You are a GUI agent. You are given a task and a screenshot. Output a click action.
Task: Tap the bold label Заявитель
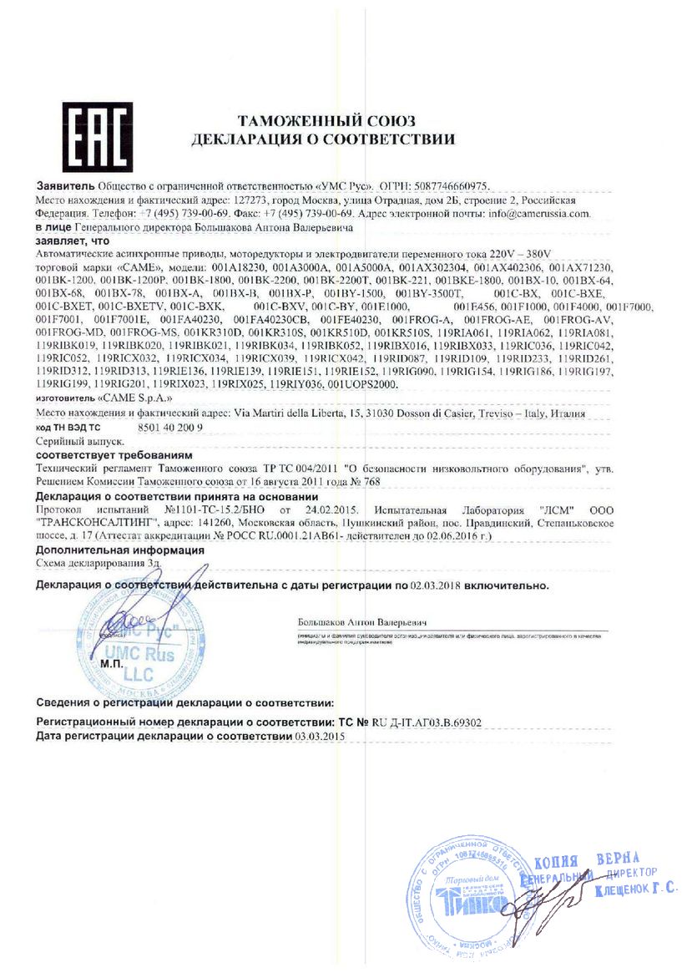(65, 185)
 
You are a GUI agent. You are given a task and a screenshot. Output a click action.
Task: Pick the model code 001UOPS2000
(364, 384)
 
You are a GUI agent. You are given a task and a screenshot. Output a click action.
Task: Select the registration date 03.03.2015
(320, 736)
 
